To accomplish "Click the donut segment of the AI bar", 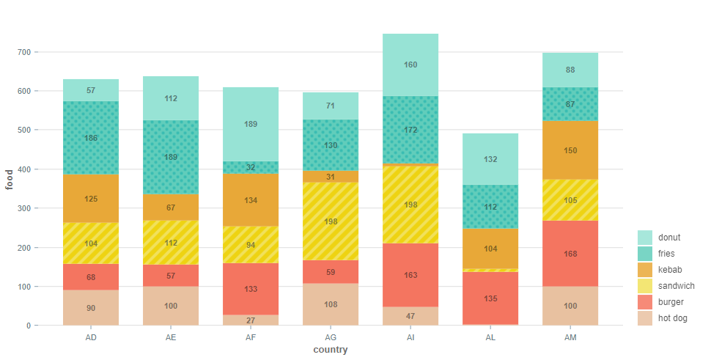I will (410, 65).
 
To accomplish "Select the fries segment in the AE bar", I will (171, 157).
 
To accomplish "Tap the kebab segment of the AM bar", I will (570, 150).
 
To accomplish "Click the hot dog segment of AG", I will (331, 304).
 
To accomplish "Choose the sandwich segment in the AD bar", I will (91, 243).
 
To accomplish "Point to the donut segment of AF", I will (251, 124).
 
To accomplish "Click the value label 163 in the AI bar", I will (410, 276).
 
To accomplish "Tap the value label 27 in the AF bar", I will (251, 320).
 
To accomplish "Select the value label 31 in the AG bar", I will (331, 177).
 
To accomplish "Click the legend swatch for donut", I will (645, 238).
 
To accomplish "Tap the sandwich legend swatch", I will (645, 286).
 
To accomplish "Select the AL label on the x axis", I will (490, 337).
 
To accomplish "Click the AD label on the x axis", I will (91, 337).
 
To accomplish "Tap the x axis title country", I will (330, 350).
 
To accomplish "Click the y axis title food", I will (10, 179).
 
